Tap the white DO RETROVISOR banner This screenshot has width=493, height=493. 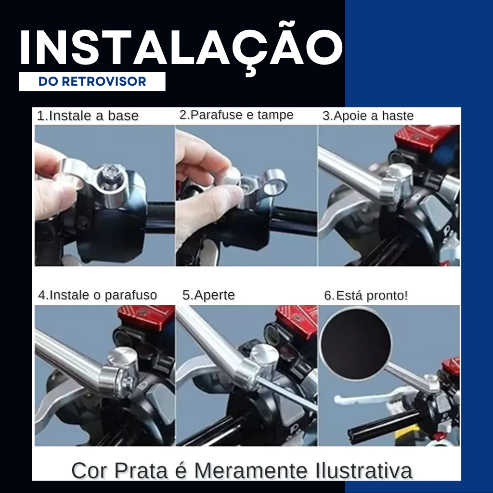point(92,81)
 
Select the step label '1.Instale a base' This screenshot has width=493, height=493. point(88,116)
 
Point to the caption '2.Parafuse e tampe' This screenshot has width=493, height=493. point(236,115)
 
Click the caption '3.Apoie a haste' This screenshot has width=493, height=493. point(368,116)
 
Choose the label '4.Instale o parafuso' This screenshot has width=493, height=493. point(97,295)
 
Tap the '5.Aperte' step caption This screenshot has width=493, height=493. point(208,295)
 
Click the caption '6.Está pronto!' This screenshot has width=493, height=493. point(366,295)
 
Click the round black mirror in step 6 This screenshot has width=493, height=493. point(356,343)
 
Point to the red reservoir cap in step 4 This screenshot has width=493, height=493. point(146,318)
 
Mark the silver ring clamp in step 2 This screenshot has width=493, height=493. point(275,182)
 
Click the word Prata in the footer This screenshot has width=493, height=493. point(141,471)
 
